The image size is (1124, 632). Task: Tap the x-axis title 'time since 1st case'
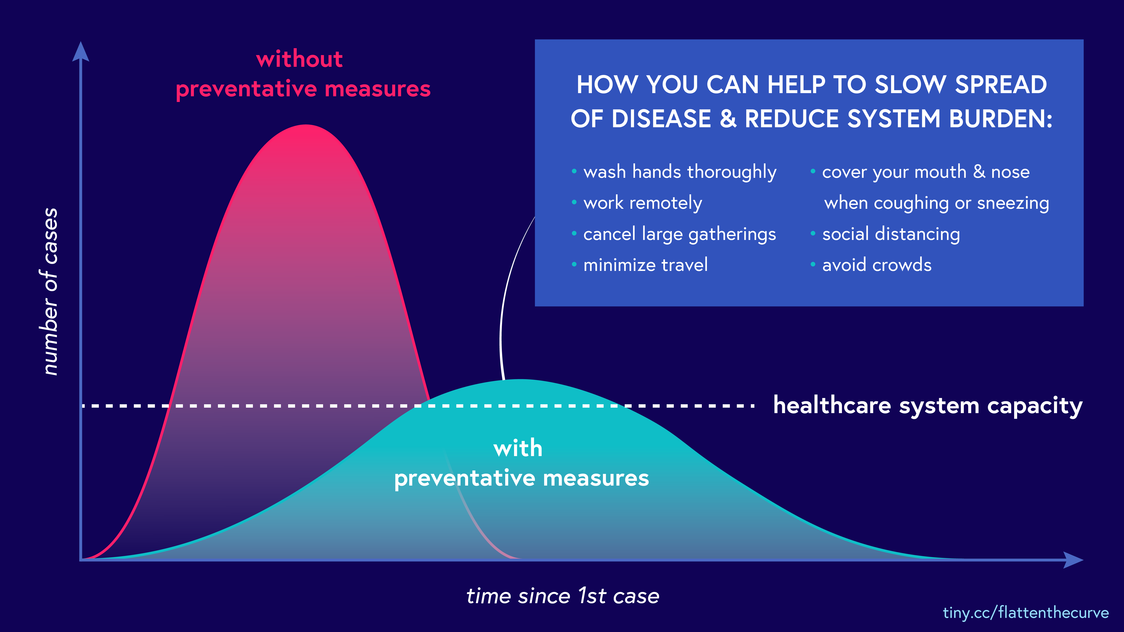[563, 596]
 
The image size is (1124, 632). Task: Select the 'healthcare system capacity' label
[928, 406]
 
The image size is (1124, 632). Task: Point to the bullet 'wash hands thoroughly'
[680, 172]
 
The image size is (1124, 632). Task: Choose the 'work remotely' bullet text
[643, 203]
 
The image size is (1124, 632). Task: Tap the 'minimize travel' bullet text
[645, 265]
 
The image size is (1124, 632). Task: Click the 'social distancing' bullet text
[891, 234]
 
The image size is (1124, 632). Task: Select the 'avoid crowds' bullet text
[877, 265]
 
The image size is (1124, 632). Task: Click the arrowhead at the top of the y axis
[81, 51]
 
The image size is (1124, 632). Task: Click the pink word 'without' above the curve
[299, 59]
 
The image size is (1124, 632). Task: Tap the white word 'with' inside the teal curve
[518, 448]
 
